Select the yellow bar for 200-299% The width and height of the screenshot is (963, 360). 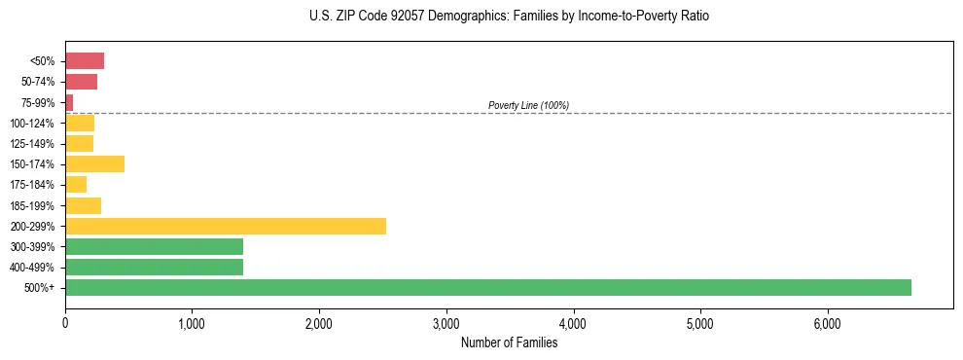[226, 226]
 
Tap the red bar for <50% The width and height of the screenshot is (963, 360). [85, 60]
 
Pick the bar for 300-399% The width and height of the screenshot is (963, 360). [154, 246]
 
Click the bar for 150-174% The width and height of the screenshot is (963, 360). [94, 163]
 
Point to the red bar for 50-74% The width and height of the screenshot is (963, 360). [81, 82]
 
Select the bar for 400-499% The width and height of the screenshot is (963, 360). [154, 267]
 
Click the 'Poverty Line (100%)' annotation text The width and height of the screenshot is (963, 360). [528, 105]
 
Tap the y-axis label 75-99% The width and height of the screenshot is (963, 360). [40, 102]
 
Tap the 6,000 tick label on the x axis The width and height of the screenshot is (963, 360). [827, 324]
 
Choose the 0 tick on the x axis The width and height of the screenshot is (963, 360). [65, 324]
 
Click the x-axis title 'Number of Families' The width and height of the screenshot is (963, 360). [509, 342]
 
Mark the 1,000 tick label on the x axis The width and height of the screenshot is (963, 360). [192, 324]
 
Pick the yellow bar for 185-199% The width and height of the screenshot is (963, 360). [83, 205]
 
